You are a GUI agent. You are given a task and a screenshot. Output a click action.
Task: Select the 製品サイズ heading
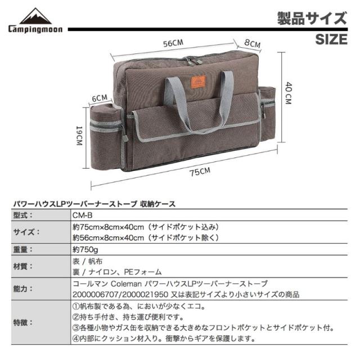pyautogui.click(x=311, y=17)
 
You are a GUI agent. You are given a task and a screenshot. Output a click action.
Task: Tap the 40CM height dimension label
pyautogui.click(x=287, y=94)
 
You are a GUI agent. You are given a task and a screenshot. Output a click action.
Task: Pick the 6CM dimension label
pyautogui.click(x=99, y=97)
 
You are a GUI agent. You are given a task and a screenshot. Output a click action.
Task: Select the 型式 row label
pyautogui.click(x=24, y=215)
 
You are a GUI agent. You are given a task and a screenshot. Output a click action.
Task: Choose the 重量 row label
pyautogui.click(x=24, y=249)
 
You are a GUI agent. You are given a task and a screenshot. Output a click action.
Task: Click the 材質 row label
pyautogui.click(x=24, y=266)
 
